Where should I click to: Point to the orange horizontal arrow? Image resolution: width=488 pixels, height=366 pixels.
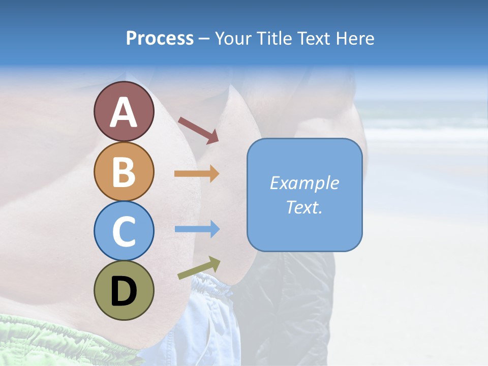197,174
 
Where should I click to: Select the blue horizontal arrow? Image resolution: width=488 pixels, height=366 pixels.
197,229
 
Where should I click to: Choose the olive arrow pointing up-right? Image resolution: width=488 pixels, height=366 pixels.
199,268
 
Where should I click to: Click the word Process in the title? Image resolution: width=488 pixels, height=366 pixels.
160,39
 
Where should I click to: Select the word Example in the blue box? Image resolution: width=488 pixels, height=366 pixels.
304,183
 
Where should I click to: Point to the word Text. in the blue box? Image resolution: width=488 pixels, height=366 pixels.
304,207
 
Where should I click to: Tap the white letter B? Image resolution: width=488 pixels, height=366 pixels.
124,172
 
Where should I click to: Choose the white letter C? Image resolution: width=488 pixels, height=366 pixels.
124,232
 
